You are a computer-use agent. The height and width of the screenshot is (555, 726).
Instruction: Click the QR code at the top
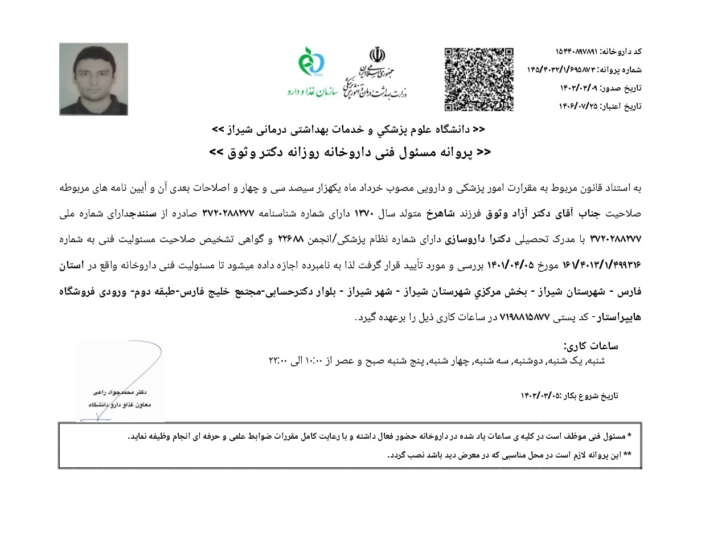[x=479, y=79]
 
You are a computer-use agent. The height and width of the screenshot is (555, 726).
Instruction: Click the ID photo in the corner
[x=93, y=79]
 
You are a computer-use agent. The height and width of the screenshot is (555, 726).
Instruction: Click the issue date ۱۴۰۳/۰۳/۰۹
[x=580, y=88]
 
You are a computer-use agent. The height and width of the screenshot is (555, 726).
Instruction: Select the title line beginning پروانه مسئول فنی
[x=350, y=153]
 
